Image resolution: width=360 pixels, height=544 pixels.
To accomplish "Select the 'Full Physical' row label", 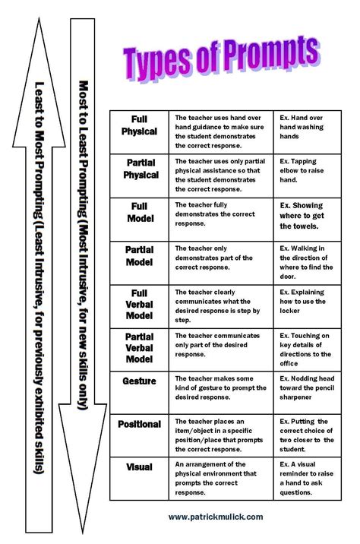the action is click(x=140, y=125).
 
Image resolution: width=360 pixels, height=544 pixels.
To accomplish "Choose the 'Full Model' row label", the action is click(x=140, y=213).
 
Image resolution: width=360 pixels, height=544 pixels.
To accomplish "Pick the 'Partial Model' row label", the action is click(x=140, y=257).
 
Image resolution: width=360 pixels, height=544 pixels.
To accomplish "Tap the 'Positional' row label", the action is click(x=140, y=424).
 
